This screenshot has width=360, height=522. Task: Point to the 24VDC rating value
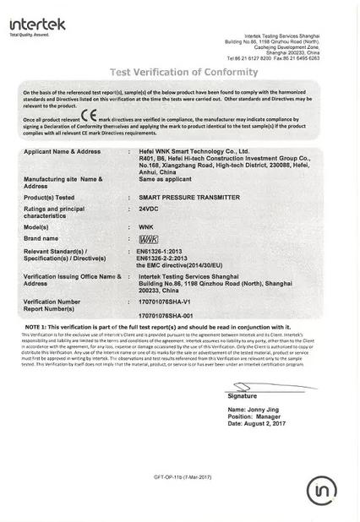[x=149, y=208]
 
